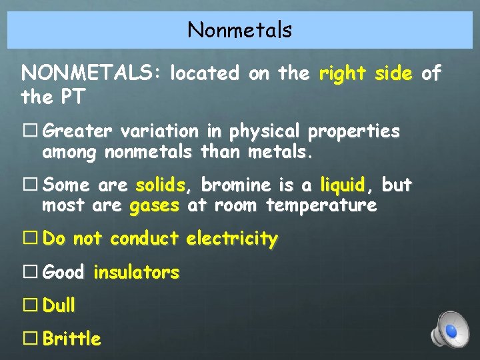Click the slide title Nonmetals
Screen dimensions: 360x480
239,30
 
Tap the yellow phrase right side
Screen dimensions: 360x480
365,73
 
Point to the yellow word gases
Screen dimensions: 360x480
154,205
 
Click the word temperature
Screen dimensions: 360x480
321,205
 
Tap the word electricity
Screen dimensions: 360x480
232,239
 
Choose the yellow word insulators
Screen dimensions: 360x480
137,272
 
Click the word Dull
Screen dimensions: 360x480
59,305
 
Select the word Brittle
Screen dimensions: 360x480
72,339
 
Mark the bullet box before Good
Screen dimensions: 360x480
30,272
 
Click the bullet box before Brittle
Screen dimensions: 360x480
30,339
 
